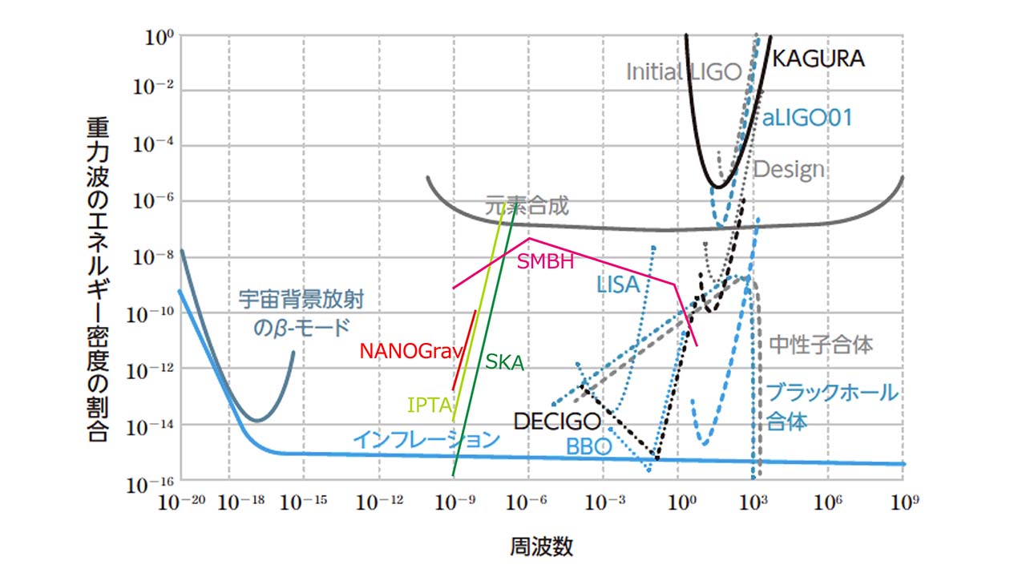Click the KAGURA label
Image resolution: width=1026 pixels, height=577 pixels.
818,59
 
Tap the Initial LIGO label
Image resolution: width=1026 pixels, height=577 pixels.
684,71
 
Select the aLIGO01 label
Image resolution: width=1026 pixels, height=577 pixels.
806,119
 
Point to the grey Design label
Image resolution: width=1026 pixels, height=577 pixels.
789,170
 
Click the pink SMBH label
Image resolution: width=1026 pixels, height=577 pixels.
545,261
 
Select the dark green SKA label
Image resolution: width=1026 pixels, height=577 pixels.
505,363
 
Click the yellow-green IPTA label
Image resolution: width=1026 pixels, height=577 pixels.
430,404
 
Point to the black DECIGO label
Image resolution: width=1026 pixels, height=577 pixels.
557,422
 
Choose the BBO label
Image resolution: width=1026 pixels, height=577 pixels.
589,446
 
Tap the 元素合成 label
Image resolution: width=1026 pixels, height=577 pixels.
527,206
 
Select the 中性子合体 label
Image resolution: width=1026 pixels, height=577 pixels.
821,345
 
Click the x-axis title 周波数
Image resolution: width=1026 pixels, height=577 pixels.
542,547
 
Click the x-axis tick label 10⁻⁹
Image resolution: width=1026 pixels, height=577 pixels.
454,502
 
